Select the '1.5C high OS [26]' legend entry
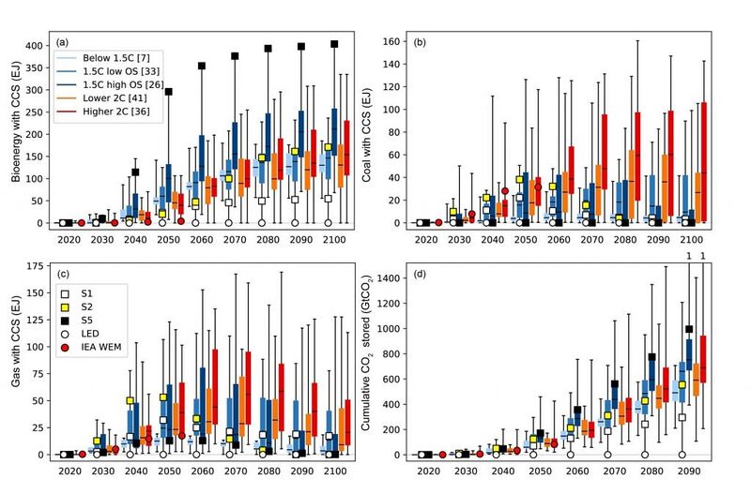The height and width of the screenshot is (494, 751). click(110, 84)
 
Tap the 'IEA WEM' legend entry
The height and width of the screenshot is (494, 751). click(92, 347)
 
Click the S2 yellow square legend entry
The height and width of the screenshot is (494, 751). click(78, 307)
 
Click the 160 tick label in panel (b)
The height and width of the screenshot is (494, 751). click(391, 41)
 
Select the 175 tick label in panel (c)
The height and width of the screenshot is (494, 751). click(35, 266)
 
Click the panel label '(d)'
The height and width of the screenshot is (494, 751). click(420, 274)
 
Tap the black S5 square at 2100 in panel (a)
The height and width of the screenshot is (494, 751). click(334, 44)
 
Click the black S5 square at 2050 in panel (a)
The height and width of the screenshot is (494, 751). click(169, 92)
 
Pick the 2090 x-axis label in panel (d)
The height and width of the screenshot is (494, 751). click(689, 472)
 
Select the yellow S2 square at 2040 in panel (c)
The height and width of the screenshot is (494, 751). click(130, 401)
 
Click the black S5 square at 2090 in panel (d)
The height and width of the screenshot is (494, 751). click(689, 329)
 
